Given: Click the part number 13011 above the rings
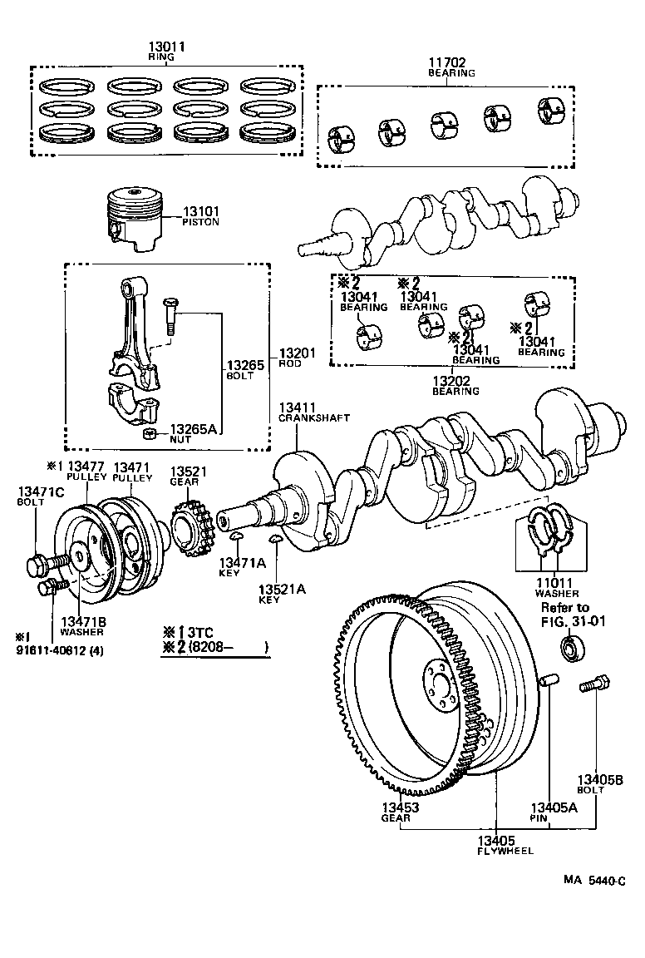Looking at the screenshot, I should (166, 47).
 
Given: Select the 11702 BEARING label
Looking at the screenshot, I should (451, 67).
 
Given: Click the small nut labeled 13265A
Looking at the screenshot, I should (150, 435).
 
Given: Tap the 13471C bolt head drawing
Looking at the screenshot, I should (37, 567).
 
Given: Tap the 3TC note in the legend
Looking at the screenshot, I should (197, 630).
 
